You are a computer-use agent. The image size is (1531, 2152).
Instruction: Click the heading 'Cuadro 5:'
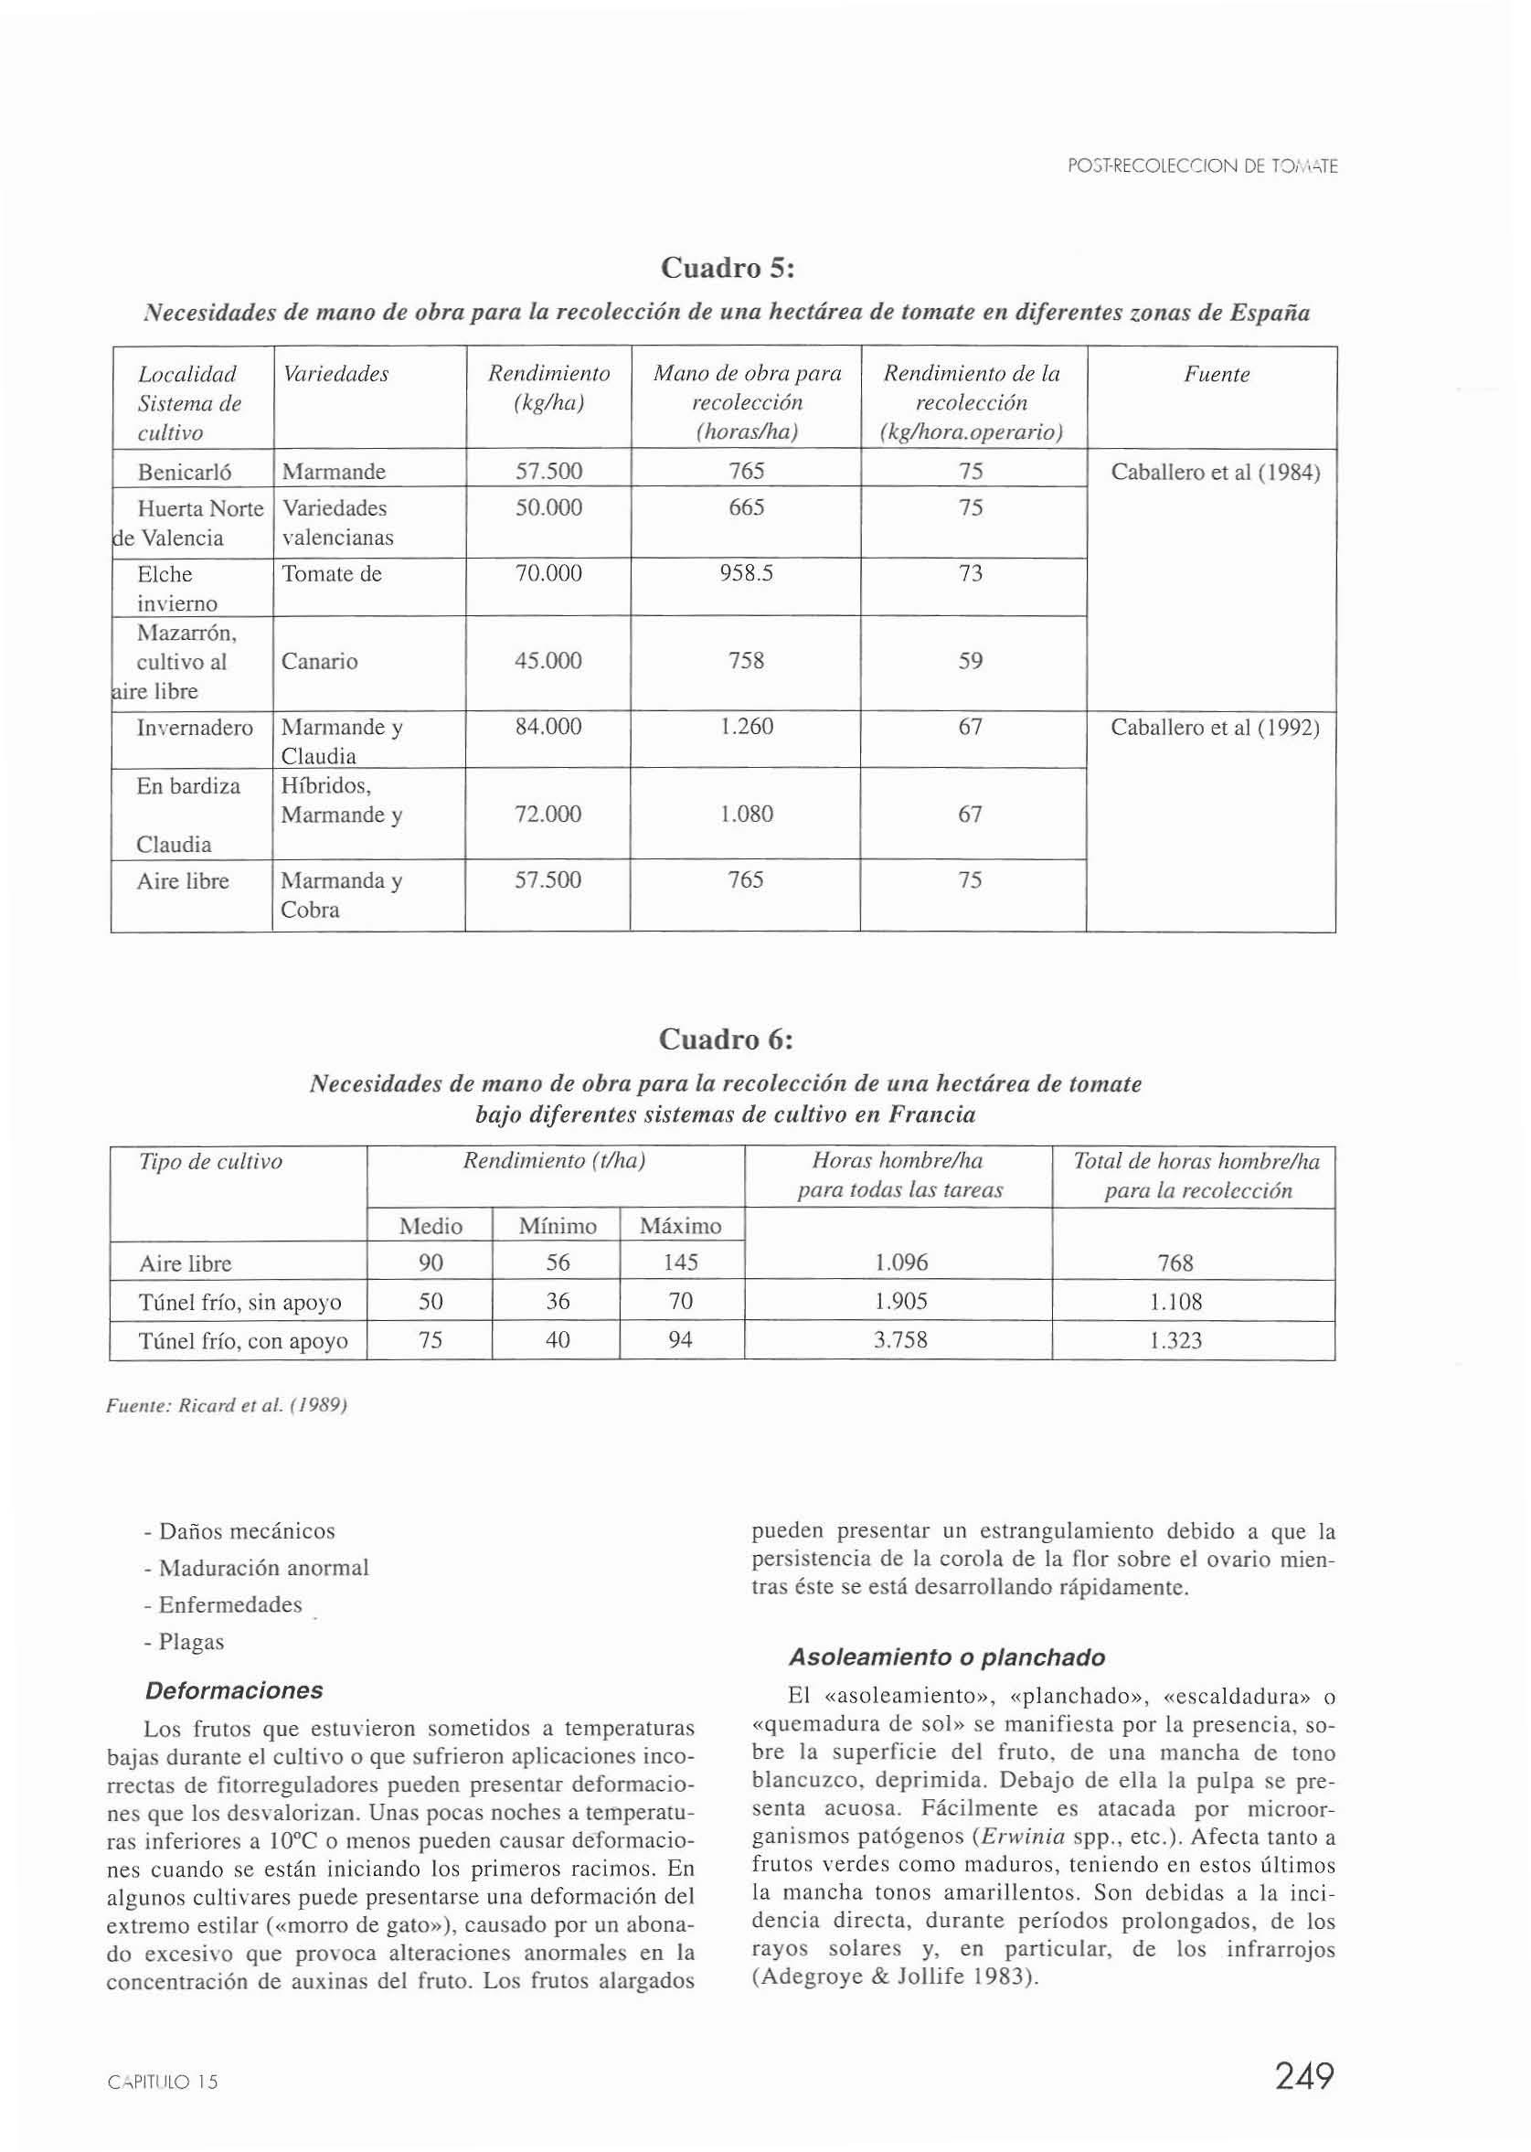tap(728, 269)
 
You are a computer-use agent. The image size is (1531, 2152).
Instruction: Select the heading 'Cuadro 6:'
tap(725, 1039)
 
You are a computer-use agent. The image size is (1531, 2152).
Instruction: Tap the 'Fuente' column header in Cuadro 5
tap(1217, 375)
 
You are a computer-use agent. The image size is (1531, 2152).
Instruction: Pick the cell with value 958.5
tap(746, 574)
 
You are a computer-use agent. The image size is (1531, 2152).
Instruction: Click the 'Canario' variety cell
tap(320, 662)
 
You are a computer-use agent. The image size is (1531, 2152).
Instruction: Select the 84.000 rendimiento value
tap(548, 727)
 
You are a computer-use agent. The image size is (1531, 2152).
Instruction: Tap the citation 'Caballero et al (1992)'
tap(1215, 728)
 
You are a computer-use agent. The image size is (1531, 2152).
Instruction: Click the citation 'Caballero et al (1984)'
tap(1215, 473)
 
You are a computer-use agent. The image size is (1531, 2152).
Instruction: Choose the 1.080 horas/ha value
tap(746, 815)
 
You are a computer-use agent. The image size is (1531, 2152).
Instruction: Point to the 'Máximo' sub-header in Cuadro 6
tap(680, 1226)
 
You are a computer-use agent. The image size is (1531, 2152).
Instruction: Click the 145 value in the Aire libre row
tap(680, 1263)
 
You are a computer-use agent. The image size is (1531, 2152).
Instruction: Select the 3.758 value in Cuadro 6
tap(899, 1340)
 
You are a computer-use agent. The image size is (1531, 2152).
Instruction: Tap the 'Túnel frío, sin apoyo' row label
tap(239, 1303)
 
